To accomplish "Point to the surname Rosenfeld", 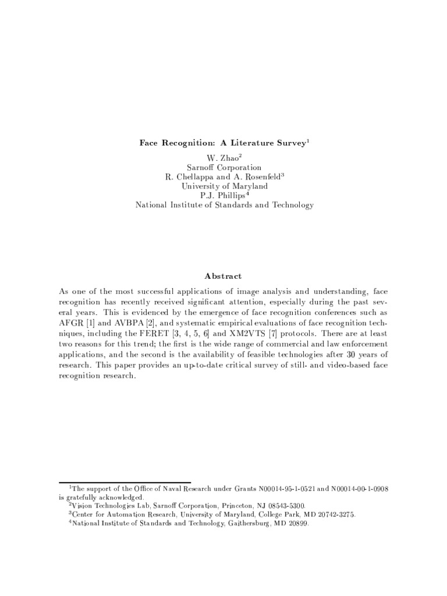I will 260,176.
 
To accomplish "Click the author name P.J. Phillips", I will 223,195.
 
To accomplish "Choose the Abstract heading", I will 224,276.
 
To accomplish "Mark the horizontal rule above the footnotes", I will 125,481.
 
